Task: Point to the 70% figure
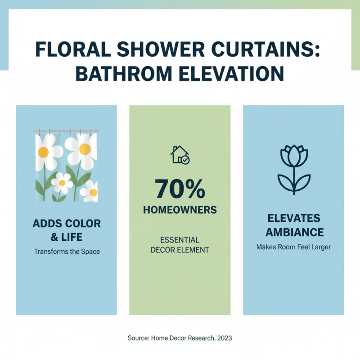coord(180,189)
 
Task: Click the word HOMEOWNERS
coord(180,210)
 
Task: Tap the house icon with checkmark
coord(180,154)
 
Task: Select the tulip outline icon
coord(293,169)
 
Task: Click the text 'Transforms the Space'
coord(67,252)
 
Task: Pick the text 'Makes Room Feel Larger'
coord(293,247)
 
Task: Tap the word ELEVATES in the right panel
coord(293,219)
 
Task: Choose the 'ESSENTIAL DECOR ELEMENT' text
coord(180,245)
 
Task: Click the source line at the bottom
coord(180,337)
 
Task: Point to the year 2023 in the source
coord(224,337)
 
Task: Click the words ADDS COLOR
coord(67,224)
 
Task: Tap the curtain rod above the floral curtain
coord(67,131)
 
